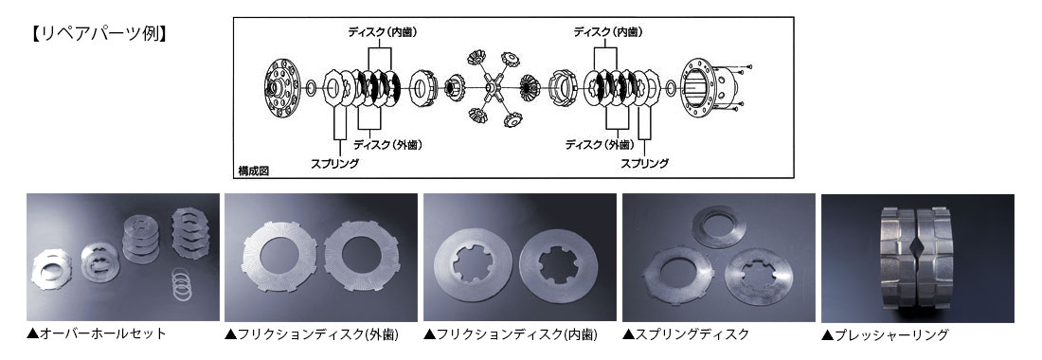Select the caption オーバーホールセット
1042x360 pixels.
click(97, 333)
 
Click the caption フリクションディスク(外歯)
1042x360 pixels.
click(312, 334)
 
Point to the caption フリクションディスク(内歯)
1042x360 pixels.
click(511, 334)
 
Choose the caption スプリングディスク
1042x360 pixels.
click(686, 334)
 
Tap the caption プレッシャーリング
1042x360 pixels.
click(885, 334)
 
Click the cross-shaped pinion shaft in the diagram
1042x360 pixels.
click(492, 87)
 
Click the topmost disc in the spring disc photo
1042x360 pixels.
click(718, 225)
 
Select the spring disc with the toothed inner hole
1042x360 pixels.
click(756, 277)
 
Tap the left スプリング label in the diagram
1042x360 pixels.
click(335, 163)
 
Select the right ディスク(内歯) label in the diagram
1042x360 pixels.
click(608, 31)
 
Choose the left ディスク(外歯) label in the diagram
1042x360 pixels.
click(387, 145)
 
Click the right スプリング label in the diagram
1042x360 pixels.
click(644, 163)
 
